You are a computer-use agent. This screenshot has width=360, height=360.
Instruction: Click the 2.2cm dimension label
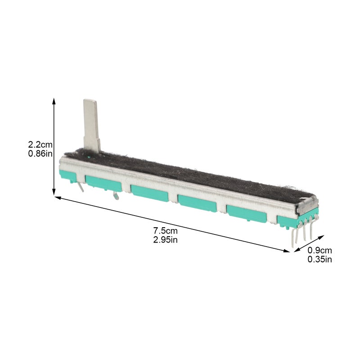click(x=40, y=144)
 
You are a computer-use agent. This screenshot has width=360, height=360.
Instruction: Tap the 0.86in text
click(x=40, y=153)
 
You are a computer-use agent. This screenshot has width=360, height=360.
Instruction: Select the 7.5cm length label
click(x=165, y=230)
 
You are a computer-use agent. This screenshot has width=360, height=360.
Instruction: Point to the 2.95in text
click(x=165, y=240)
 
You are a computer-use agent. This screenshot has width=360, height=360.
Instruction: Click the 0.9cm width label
click(x=319, y=250)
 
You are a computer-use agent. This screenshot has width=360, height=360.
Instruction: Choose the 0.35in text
click(x=319, y=260)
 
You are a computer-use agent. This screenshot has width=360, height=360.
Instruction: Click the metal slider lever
click(x=91, y=126)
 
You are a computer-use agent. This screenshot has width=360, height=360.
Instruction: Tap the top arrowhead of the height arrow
click(x=54, y=100)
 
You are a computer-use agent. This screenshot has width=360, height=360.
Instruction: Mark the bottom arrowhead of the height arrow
click(x=54, y=193)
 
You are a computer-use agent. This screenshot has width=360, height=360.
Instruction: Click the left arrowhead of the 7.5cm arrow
click(x=58, y=198)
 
